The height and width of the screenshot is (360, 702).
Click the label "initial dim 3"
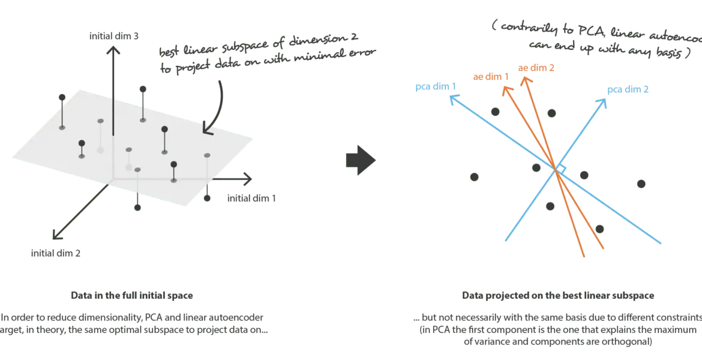pos(114,37)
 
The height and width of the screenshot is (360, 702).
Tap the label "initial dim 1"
pos(251,197)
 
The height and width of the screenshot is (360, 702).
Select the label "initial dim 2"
pos(56,253)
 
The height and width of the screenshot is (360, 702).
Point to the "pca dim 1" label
pos(436,87)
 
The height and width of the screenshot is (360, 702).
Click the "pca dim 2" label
pos(628,89)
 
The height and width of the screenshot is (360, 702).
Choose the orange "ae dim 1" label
pos(491,77)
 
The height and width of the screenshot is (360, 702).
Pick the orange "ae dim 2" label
pos(536,68)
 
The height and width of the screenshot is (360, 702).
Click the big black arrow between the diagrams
pos(361,160)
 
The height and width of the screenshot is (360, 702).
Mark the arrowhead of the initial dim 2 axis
pos(56,234)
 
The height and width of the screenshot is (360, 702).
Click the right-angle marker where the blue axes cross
pos(562,169)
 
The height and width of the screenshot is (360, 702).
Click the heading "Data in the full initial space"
pos(131,296)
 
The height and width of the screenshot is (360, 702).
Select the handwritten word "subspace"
pos(248,44)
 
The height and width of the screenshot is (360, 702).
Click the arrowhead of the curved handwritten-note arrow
pos(207,130)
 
